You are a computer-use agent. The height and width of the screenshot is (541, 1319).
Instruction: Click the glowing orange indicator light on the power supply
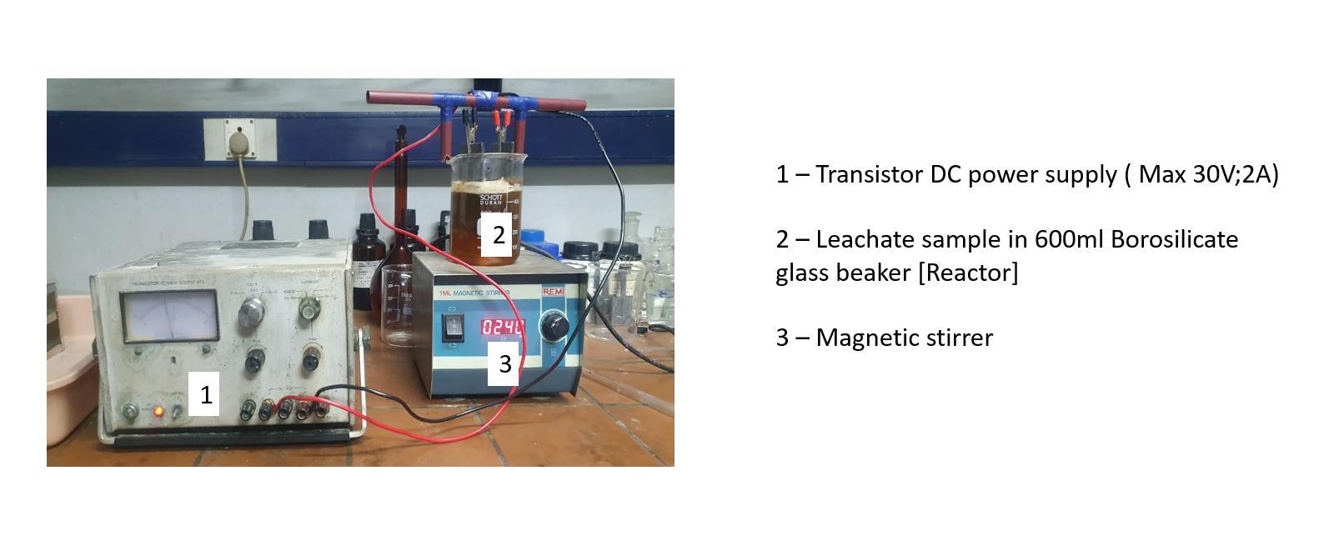click(x=158, y=412)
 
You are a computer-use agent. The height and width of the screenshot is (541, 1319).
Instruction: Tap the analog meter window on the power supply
click(x=169, y=317)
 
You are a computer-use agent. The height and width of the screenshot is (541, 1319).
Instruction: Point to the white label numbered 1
click(x=205, y=394)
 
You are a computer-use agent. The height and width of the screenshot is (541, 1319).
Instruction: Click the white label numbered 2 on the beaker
click(x=498, y=235)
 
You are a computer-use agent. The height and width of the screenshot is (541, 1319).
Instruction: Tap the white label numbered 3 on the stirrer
click(x=504, y=364)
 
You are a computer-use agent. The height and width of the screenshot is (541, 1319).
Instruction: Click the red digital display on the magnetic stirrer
click(x=503, y=327)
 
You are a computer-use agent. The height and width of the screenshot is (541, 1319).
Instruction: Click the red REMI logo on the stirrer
click(x=554, y=293)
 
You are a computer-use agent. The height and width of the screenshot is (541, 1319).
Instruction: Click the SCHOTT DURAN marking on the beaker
click(x=491, y=200)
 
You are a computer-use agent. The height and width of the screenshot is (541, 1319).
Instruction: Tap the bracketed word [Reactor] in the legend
click(x=968, y=273)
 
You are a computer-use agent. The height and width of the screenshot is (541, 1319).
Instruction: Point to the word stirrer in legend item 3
click(x=955, y=338)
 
